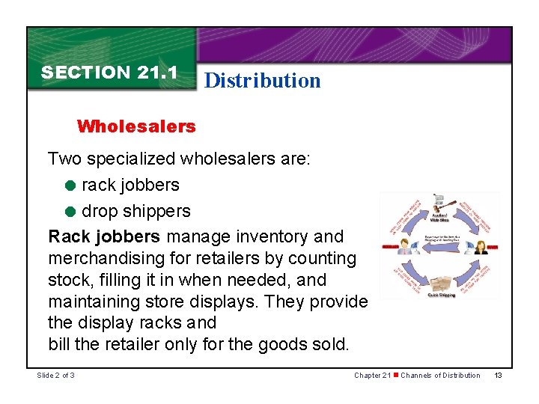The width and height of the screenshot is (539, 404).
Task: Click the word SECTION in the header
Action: (x=86, y=73)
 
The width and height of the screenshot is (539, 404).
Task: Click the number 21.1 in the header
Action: (x=157, y=73)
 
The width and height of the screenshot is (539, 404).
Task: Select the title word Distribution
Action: (x=262, y=80)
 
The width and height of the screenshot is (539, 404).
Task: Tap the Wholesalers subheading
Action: (x=135, y=126)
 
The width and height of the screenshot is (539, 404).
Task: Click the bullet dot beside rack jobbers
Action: (x=71, y=185)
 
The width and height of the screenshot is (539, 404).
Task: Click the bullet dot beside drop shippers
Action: (x=71, y=212)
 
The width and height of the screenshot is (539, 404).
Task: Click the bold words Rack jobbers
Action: (x=104, y=236)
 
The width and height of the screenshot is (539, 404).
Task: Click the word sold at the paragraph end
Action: (x=330, y=345)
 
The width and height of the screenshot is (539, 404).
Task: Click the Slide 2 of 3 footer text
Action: (x=55, y=375)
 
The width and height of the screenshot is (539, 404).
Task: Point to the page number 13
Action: (x=498, y=375)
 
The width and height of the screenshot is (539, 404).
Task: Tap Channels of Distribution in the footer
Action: (x=440, y=375)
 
